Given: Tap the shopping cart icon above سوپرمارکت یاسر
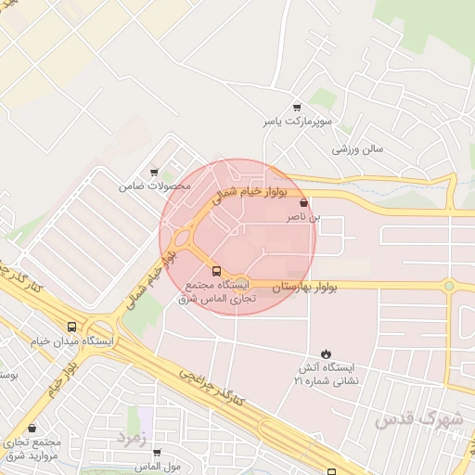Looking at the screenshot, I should coord(297,108).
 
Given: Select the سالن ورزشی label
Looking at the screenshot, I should coord(359,148).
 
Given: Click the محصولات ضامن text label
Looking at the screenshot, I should coord(154,186).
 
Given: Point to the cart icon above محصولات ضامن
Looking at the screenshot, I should coord(154,172).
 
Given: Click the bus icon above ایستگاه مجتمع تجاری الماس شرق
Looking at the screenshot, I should coord(216,271).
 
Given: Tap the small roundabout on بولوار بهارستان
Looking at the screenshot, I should coord(449,286).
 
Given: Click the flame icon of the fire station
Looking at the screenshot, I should coord(326,353).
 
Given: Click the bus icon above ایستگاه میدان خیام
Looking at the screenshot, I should coord(72,327).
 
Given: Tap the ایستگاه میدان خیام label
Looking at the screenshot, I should coord(72,341).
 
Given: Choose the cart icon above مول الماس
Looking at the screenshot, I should coord(156,453).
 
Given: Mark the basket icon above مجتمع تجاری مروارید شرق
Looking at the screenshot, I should coord(34,429).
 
